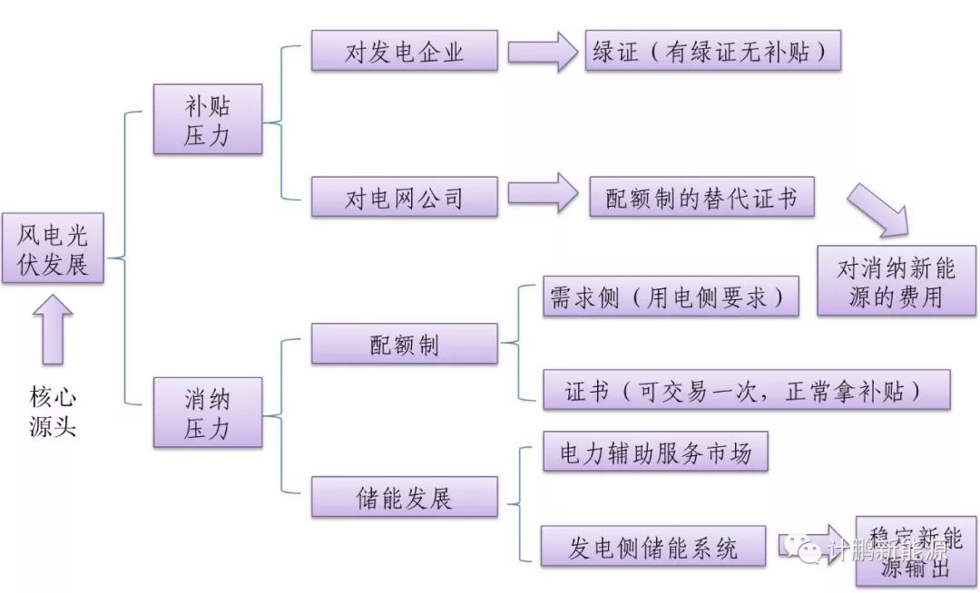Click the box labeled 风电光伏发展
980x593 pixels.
pyautogui.click(x=53, y=248)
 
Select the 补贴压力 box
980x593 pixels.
pyautogui.click(x=208, y=119)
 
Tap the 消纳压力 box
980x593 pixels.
pyautogui.click(x=208, y=412)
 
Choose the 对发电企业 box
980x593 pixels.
pyautogui.click(x=405, y=51)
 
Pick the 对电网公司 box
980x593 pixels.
pyautogui.click(x=405, y=197)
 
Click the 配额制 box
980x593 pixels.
pyautogui.click(x=405, y=344)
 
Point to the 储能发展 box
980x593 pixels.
pyautogui.click(x=405, y=497)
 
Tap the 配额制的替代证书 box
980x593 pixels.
pyautogui.click(x=701, y=197)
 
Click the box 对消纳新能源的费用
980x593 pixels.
pyautogui.click(x=896, y=281)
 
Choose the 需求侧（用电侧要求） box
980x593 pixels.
pyautogui.click(x=671, y=296)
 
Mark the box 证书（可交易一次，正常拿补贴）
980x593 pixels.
pyautogui.click(x=746, y=390)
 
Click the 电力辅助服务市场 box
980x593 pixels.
pyautogui.click(x=655, y=452)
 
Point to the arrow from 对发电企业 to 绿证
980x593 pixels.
pyautogui.click(x=542, y=52)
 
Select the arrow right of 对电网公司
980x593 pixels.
pyautogui.click(x=542, y=193)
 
